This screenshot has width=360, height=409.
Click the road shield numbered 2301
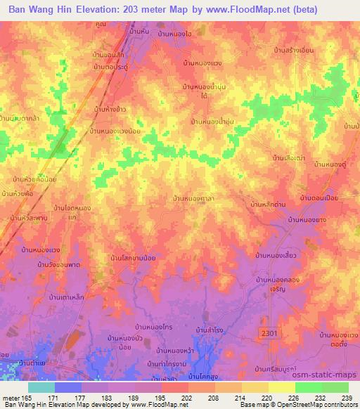pos(268,332)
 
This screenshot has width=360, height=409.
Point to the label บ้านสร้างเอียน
pos(295,50)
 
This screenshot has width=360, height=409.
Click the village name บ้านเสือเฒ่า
pos(288,158)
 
